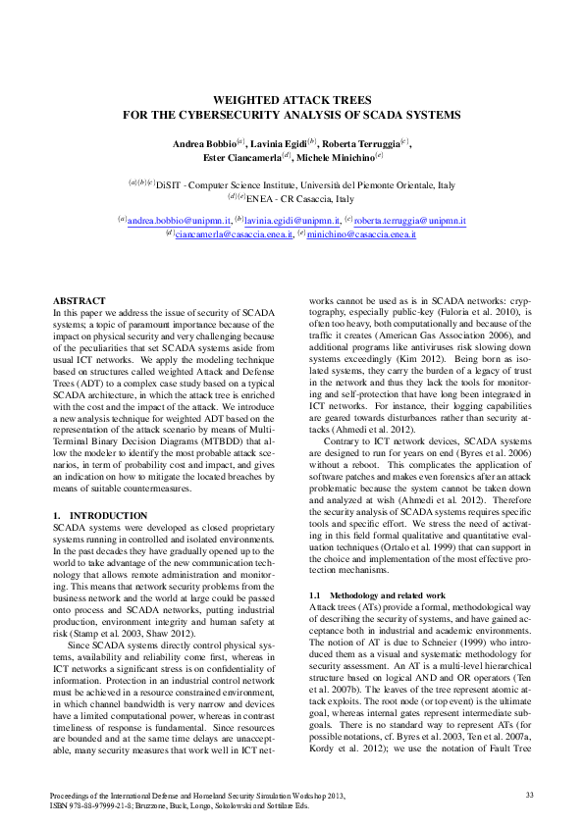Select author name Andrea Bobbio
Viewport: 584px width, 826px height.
(x=203, y=144)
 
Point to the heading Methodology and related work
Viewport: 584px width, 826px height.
(x=384, y=595)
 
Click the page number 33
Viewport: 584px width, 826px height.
(x=529, y=794)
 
